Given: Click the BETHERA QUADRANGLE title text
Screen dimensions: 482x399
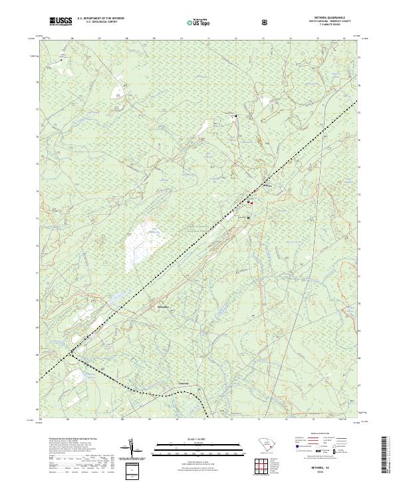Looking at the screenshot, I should pos(331,19).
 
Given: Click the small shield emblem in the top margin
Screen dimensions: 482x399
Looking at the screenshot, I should pos(267,22).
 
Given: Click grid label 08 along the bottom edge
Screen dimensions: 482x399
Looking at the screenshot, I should pos(123,420).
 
